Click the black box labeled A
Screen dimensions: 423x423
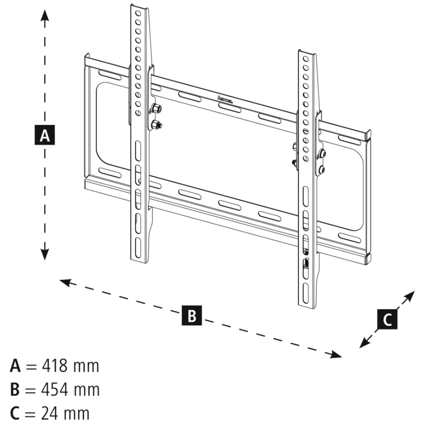(45, 135)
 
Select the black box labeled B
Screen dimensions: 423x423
(192, 315)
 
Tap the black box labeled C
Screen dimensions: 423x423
(387, 319)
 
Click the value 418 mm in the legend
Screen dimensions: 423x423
(70, 366)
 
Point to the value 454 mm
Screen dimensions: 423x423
(70, 390)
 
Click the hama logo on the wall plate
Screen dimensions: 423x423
(225, 100)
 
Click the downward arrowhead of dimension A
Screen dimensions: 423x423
(45, 255)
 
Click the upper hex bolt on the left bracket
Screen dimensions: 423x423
(155, 108)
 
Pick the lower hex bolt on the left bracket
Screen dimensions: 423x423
(155, 124)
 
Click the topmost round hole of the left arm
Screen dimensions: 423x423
(138, 13)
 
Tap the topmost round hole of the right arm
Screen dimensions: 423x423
(305, 59)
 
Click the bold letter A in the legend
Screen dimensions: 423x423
(15, 366)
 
